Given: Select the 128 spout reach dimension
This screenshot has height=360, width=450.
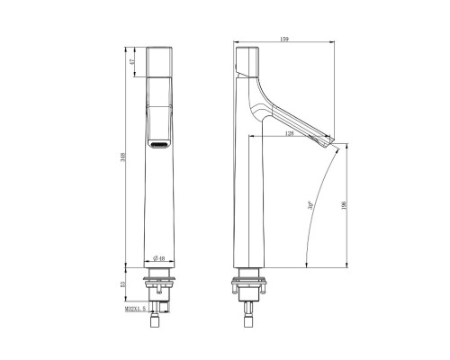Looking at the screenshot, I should click(x=290, y=133).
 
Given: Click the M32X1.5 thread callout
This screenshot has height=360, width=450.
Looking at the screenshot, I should click(x=136, y=310).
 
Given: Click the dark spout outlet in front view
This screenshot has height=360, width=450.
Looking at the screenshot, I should click(x=159, y=144).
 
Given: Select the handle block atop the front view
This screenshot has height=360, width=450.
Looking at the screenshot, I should click(x=159, y=60).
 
